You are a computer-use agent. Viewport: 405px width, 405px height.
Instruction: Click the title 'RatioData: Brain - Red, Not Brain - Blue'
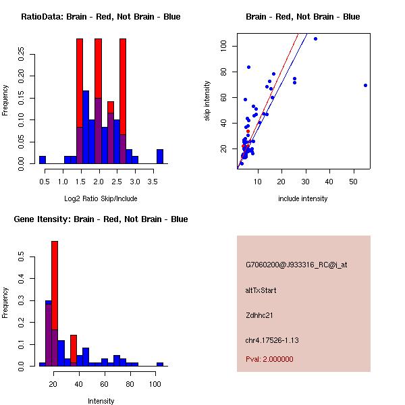(101, 17)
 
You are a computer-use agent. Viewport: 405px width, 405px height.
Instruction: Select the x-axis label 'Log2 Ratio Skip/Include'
(101, 198)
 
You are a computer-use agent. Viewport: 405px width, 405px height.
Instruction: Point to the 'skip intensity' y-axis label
(208, 101)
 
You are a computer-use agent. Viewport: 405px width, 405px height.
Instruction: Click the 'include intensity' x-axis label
(303, 198)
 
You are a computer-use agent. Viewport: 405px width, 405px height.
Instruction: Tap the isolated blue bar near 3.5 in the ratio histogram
(160, 157)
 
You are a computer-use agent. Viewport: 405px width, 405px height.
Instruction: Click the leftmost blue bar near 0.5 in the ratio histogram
(43, 160)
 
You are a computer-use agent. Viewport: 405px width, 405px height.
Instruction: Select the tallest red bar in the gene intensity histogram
(55, 304)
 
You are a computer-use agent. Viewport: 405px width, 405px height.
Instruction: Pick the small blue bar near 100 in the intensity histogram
(160, 364)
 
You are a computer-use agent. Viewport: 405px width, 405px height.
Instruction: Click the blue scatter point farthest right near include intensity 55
(365, 85)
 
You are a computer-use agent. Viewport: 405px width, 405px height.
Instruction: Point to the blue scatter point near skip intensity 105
(315, 38)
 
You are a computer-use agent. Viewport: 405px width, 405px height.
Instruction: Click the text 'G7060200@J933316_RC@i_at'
(296, 265)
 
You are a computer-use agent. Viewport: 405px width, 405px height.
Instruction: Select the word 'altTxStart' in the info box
(261, 290)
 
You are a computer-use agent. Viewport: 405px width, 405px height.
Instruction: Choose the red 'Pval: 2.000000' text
(269, 359)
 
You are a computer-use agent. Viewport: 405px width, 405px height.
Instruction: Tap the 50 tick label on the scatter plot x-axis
(354, 180)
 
